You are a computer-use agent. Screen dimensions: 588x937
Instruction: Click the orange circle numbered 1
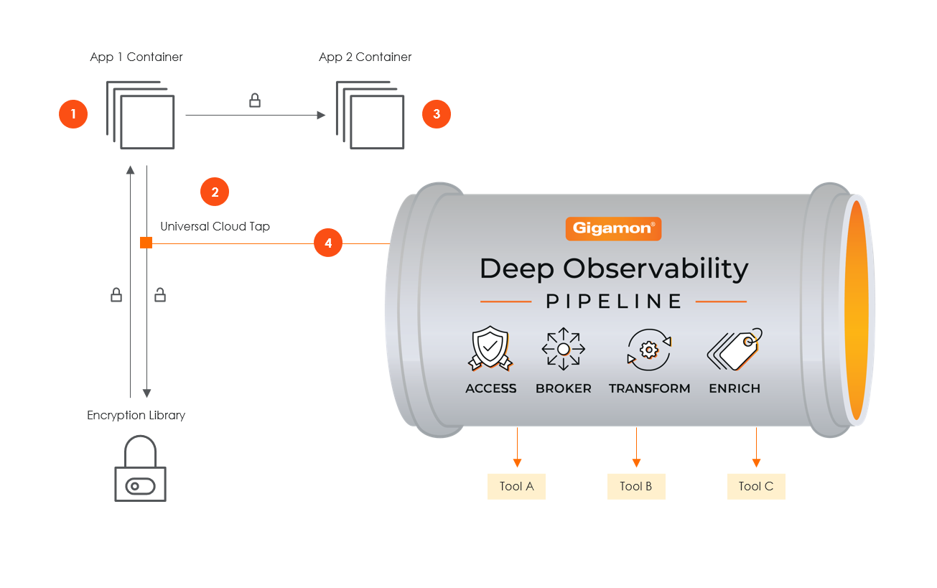click(x=73, y=114)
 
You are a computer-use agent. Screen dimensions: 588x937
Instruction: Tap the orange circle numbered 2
click(x=215, y=192)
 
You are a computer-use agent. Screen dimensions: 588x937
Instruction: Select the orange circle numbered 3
click(x=437, y=114)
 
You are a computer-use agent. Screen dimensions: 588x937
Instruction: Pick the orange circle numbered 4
click(x=328, y=243)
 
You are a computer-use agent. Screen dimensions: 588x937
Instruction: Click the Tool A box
click(x=516, y=486)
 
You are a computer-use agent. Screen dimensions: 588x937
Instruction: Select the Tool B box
click(x=636, y=486)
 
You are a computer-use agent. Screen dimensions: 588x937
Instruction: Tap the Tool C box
click(x=756, y=486)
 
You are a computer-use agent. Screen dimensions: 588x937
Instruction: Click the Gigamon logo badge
click(x=613, y=228)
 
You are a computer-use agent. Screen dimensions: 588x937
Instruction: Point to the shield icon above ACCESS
click(x=490, y=349)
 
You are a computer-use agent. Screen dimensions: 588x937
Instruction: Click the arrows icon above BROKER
click(x=564, y=349)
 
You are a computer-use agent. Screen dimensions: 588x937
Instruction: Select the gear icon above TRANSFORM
click(x=649, y=349)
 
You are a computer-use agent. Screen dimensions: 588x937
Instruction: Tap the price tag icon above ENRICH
click(x=735, y=349)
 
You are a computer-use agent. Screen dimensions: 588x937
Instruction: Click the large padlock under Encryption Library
click(x=140, y=470)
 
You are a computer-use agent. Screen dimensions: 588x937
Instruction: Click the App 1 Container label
click(x=136, y=57)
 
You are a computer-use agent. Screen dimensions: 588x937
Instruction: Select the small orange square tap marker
click(x=146, y=243)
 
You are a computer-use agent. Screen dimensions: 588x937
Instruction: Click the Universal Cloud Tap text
click(x=215, y=226)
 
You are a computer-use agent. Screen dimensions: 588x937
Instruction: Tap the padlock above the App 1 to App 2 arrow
click(x=255, y=101)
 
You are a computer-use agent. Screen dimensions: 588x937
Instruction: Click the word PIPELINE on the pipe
click(x=613, y=302)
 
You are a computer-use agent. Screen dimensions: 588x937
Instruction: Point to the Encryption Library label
click(x=136, y=415)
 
